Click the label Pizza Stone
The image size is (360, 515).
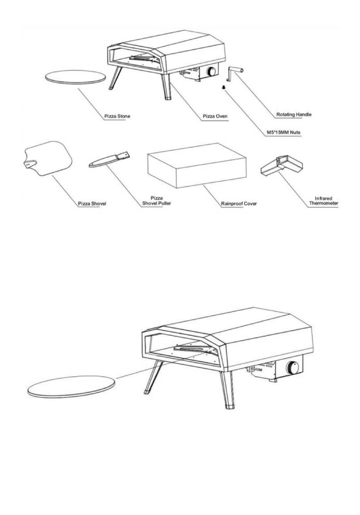click(117, 116)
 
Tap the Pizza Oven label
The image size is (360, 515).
click(215, 116)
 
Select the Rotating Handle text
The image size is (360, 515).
click(294, 114)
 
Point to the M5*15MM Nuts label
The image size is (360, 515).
click(283, 132)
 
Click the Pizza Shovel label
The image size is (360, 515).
click(92, 203)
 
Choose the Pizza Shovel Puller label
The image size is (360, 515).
click(157, 200)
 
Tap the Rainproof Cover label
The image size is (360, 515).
click(239, 203)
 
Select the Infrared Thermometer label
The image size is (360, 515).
click(324, 201)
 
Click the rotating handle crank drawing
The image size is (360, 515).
click(235, 74)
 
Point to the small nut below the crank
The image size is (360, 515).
click(224, 87)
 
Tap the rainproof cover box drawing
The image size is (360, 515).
click(197, 166)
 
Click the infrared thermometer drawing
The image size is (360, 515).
click(282, 166)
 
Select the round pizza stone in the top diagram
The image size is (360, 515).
click(75, 77)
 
